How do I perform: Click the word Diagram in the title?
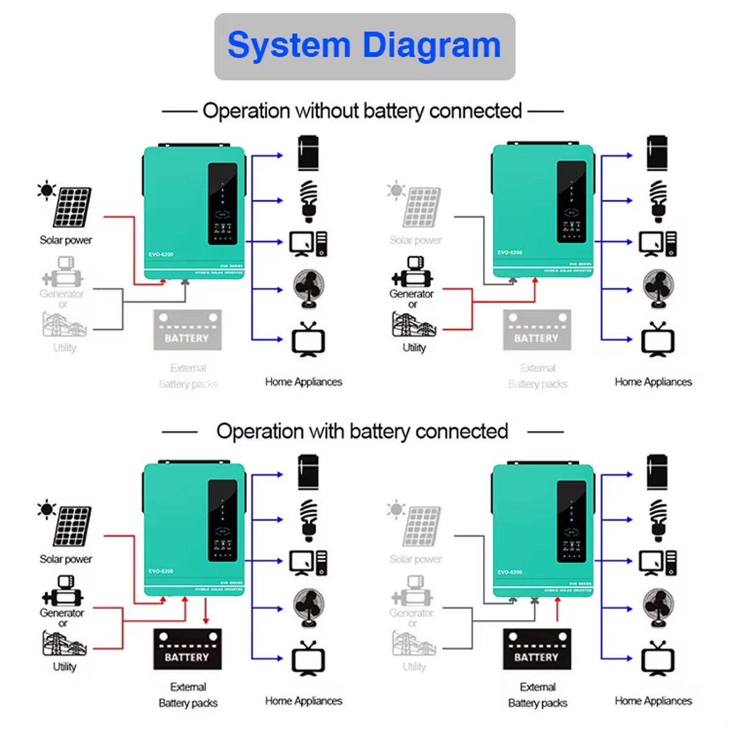tap(431, 46)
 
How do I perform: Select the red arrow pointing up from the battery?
tap(558, 610)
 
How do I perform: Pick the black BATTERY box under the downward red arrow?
tap(187, 649)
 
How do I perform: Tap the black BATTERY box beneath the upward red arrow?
tap(537, 649)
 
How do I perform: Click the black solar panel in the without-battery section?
tap(72, 207)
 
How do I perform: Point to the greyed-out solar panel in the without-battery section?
tap(422, 207)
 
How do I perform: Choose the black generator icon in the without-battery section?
tap(412, 272)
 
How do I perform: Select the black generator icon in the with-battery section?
tap(62, 591)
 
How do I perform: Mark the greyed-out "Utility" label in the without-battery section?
tap(64, 347)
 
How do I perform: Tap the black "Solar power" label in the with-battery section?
tap(66, 559)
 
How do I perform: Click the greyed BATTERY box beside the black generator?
tap(537, 331)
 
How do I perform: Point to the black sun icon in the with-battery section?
tap(46, 509)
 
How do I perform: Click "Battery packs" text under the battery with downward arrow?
tap(188, 703)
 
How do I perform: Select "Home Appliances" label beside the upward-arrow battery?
tap(653, 701)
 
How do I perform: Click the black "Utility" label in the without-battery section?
tap(414, 347)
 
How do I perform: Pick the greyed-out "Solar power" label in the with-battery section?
tap(415, 559)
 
